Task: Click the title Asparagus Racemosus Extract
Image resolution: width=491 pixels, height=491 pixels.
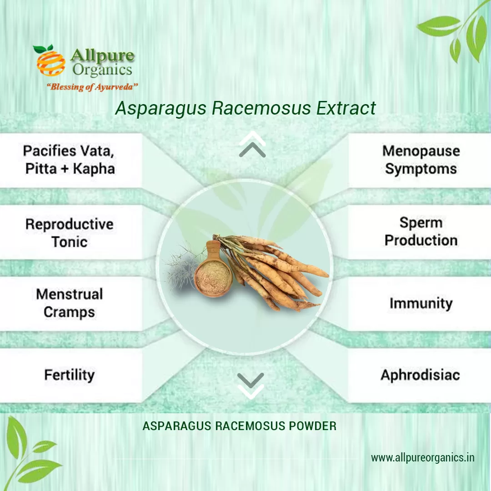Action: pyautogui.click(x=245, y=108)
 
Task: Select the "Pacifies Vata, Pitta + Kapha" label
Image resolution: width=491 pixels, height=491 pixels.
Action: pyautogui.click(x=70, y=160)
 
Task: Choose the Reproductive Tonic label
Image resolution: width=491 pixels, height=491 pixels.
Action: pyautogui.click(x=69, y=233)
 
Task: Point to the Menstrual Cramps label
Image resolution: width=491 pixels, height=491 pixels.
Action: pyautogui.click(x=69, y=303)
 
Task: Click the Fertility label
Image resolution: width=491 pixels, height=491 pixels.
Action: pyautogui.click(x=69, y=375)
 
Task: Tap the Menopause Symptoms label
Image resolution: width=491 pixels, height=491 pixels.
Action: pyautogui.click(x=421, y=160)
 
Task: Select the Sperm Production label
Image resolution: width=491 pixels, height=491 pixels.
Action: pyautogui.click(x=421, y=231)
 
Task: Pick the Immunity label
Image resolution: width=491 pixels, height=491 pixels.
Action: pyautogui.click(x=421, y=304)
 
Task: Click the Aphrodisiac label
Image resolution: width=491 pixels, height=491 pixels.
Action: pyautogui.click(x=420, y=376)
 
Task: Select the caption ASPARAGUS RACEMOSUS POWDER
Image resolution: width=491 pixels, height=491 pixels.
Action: pyautogui.click(x=240, y=426)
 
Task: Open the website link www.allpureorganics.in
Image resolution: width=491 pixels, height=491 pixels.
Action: pyautogui.click(x=422, y=457)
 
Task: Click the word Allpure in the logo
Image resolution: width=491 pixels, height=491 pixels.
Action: pyautogui.click(x=102, y=56)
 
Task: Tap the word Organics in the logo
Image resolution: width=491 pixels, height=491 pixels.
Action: pyautogui.click(x=102, y=70)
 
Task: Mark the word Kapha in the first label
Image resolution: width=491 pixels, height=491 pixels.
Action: pyautogui.click(x=94, y=169)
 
